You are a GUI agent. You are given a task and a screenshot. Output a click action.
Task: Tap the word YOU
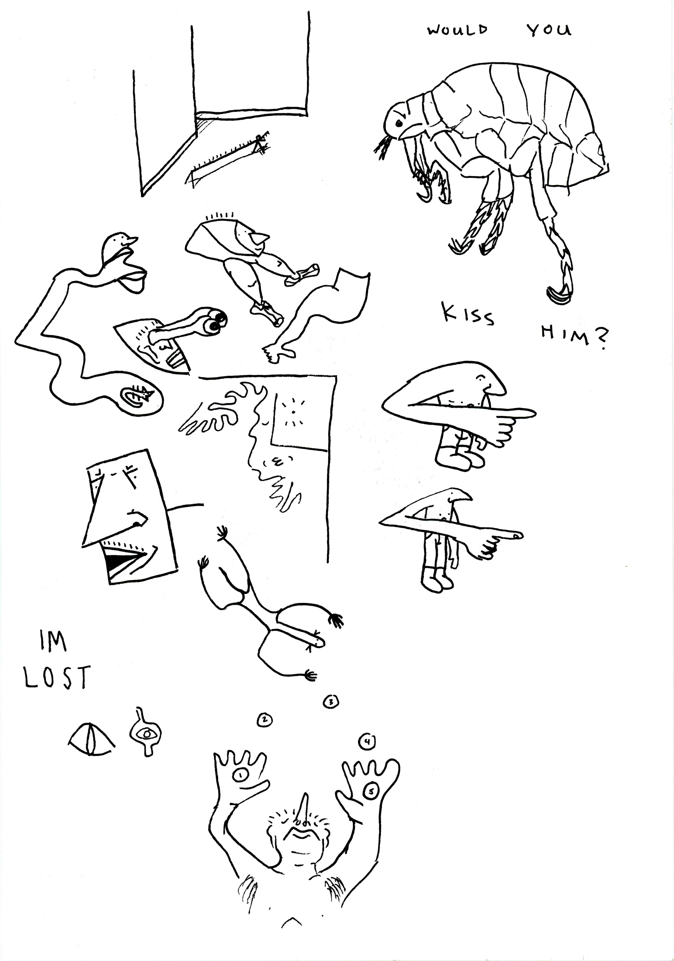click(x=548, y=30)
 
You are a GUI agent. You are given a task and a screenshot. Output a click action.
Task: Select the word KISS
click(x=469, y=315)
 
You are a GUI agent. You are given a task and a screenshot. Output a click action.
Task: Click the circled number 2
click(x=265, y=720)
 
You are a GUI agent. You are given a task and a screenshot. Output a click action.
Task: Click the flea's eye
click(x=399, y=123)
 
